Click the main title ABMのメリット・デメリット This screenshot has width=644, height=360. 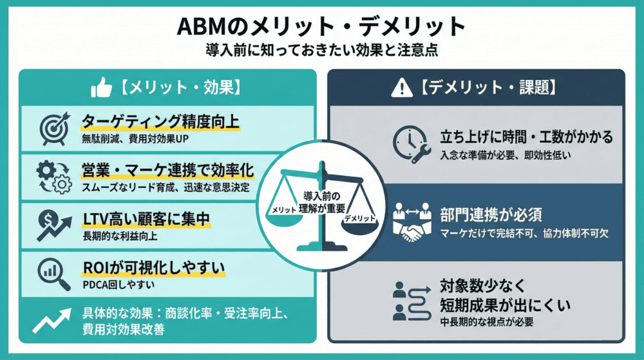(321, 26)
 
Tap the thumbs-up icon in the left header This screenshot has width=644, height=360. (104, 87)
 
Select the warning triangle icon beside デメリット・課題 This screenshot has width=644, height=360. (401, 87)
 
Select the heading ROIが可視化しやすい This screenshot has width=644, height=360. (152, 266)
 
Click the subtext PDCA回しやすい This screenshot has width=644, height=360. (113, 283)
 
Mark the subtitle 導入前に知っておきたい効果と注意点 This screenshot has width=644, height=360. (321, 50)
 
